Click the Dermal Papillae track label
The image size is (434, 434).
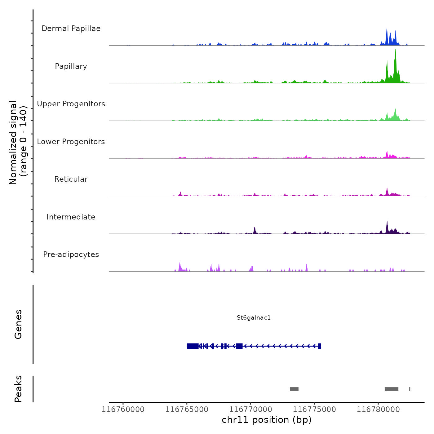(x=71, y=29)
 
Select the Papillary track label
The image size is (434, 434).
(x=71, y=66)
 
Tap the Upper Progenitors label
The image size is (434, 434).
(x=71, y=104)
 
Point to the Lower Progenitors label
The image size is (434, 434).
(x=71, y=142)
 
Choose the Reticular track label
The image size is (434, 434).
(x=71, y=179)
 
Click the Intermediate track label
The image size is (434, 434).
(x=71, y=217)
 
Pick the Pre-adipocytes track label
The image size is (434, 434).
(x=71, y=255)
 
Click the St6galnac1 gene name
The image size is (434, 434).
(x=254, y=318)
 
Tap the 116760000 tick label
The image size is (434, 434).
(x=123, y=410)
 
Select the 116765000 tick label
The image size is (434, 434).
(x=187, y=410)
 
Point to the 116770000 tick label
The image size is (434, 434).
(x=251, y=410)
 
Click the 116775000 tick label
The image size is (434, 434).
(x=314, y=410)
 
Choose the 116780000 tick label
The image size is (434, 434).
(x=378, y=410)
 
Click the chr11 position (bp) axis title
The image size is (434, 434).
(x=267, y=420)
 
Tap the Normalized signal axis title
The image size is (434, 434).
(x=18, y=142)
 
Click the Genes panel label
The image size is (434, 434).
(x=18, y=324)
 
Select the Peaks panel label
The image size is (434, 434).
(x=18, y=389)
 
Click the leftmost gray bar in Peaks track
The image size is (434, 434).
(x=294, y=389)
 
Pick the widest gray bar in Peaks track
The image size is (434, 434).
(x=391, y=389)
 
